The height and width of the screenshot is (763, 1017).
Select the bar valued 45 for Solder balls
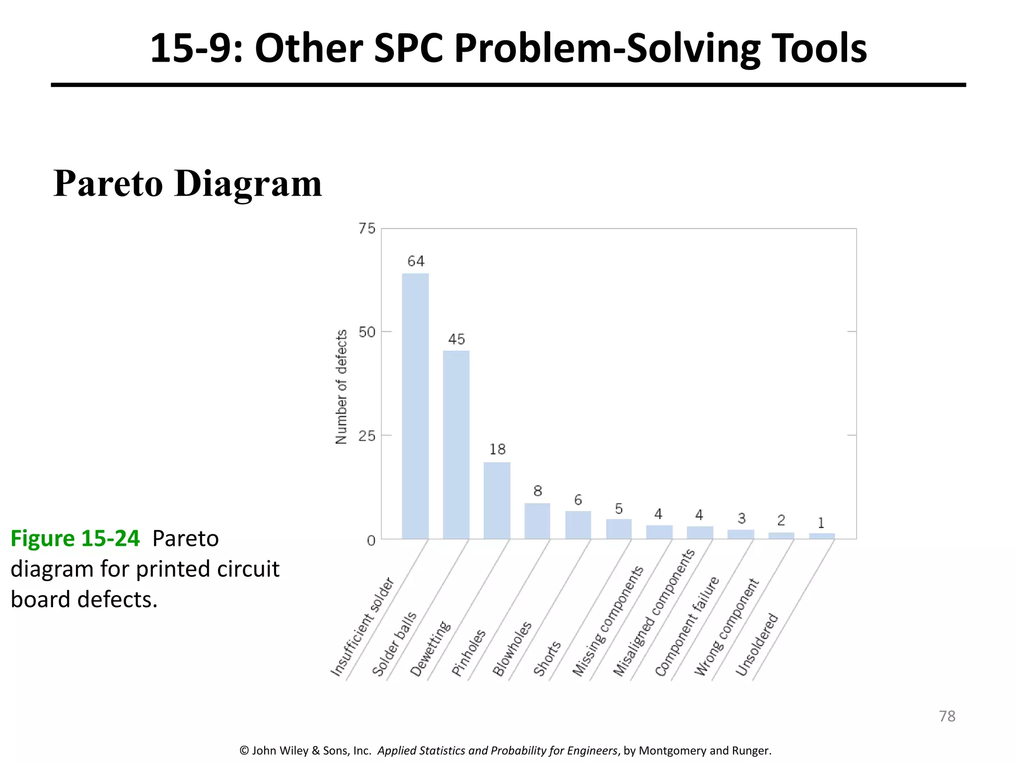[x=456, y=445]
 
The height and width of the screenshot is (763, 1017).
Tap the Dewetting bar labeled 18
[x=497, y=500]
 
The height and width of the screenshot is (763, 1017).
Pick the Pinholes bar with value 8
[x=537, y=521]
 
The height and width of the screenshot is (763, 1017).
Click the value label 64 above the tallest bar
[x=416, y=261]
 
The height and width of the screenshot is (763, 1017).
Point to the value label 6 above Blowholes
[x=578, y=500]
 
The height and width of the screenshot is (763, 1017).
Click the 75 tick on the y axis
[x=367, y=229]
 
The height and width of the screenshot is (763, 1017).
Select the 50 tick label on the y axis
[x=367, y=332]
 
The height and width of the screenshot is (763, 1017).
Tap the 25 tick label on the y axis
[x=367, y=436]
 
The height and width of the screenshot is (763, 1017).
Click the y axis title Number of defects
[x=341, y=386]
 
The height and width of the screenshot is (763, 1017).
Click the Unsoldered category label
[x=757, y=645]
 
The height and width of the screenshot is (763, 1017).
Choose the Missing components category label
[x=608, y=621]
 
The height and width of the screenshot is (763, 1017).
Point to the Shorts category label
[x=547, y=659]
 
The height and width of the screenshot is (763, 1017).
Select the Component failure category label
[x=687, y=626]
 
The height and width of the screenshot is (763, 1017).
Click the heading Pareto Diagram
[x=187, y=184]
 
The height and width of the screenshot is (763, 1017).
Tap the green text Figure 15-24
[x=75, y=538]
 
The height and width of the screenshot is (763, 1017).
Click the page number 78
[x=947, y=716]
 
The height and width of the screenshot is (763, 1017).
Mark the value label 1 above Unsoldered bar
[x=821, y=523]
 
